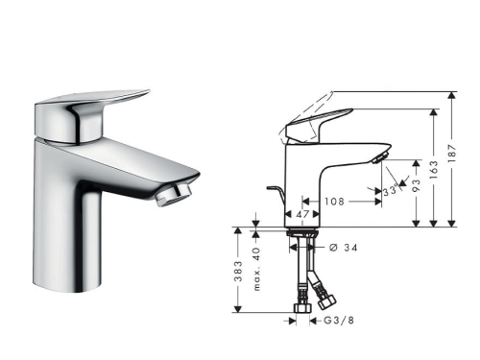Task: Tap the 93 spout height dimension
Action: pyautogui.click(x=416, y=185)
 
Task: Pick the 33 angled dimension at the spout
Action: pyautogui.click(x=389, y=192)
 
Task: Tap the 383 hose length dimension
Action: pyautogui.click(x=238, y=275)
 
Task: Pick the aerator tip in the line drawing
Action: pyautogui.click(x=381, y=156)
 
